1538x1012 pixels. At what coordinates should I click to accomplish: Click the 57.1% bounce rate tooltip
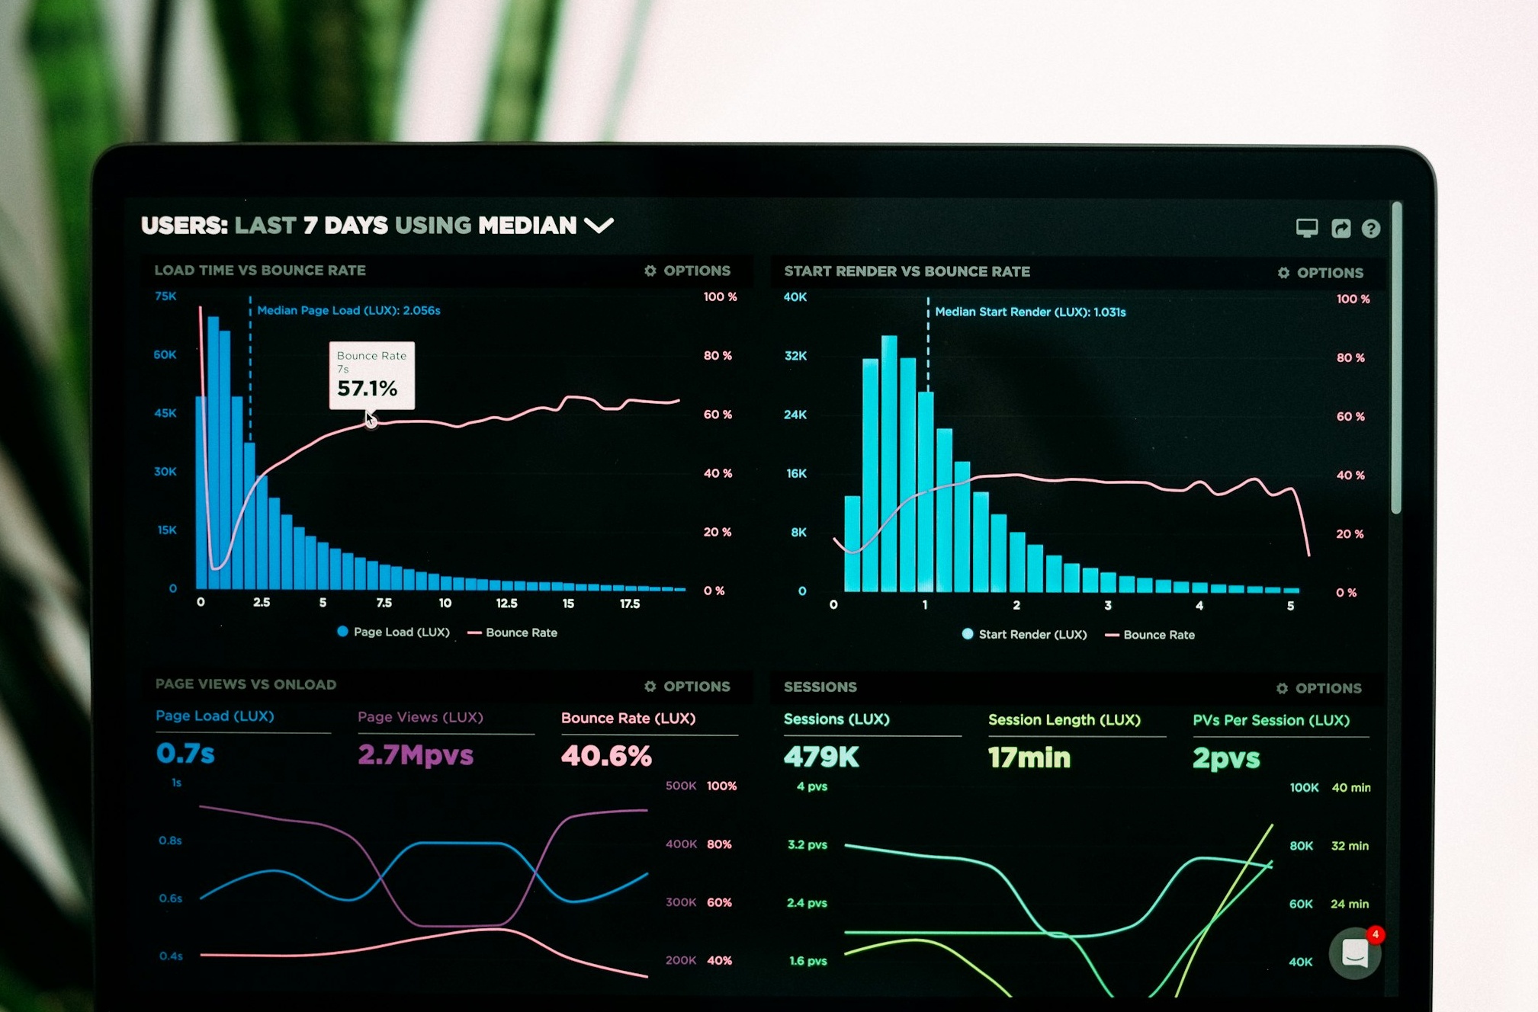click(371, 375)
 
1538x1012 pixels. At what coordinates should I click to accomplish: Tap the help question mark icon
click(1370, 229)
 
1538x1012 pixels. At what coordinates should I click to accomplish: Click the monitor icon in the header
click(1306, 228)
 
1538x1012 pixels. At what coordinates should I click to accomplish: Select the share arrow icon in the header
click(1341, 229)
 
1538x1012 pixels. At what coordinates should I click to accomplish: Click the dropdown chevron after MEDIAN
click(599, 226)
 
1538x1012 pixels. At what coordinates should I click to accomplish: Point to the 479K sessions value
click(821, 757)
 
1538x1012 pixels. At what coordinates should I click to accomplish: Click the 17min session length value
click(1029, 757)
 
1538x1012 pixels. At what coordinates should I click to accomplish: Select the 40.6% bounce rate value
click(606, 756)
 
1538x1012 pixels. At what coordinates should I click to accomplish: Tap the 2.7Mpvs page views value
click(416, 755)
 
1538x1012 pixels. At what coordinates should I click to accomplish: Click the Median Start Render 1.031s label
click(1029, 312)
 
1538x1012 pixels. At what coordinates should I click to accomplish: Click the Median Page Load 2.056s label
click(348, 310)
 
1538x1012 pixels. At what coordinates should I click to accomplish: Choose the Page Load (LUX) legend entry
click(393, 632)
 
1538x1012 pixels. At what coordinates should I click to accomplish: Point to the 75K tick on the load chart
click(165, 296)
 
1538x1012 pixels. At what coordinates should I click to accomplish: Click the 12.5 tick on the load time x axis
click(506, 604)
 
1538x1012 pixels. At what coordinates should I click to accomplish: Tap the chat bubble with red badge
click(1355, 953)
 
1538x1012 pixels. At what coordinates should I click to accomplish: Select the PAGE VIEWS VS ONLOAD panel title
click(246, 684)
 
